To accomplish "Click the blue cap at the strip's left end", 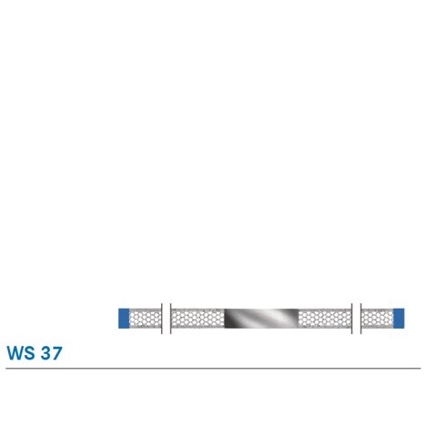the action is pos(124,319).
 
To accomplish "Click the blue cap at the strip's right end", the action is pos(399,319).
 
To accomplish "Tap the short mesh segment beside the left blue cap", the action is pos(145,319).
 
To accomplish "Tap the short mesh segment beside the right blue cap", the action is pos(377,319).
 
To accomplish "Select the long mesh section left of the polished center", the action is pos(198,319).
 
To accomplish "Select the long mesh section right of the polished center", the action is pos(325,319).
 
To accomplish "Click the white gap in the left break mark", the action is pos(166,319).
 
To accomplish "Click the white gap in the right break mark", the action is pos(357,319).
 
